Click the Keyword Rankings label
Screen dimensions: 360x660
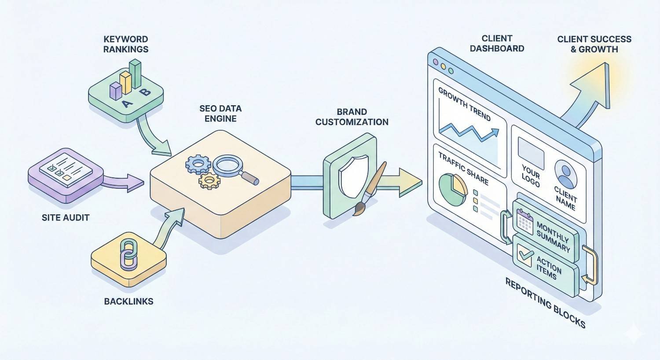(x=126, y=44)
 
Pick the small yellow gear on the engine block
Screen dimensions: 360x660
(x=209, y=180)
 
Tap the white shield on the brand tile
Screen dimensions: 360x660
(x=353, y=176)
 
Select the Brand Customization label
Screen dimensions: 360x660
(x=352, y=117)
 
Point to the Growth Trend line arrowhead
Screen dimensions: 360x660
(x=495, y=132)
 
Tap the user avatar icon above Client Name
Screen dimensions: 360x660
(x=565, y=174)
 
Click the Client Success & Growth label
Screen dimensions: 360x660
(x=594, y=44)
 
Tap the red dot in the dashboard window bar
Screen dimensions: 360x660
(x=436, y=62)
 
